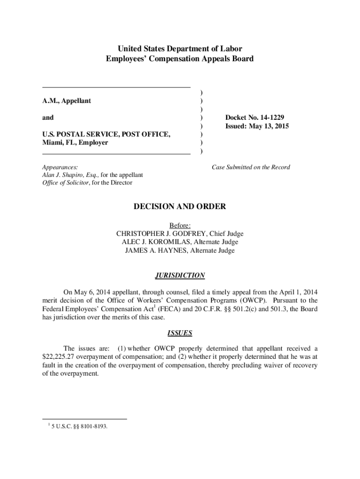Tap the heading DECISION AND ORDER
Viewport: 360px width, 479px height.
180,207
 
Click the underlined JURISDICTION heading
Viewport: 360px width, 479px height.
180,276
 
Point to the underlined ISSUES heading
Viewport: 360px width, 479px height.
180,334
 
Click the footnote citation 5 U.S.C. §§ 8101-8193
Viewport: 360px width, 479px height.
79,426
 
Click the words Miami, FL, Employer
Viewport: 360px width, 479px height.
75,143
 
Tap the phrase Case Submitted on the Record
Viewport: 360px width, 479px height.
251,167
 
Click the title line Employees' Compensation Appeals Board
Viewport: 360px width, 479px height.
180,59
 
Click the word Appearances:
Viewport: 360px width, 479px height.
60,167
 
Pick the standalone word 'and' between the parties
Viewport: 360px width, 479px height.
48,118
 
